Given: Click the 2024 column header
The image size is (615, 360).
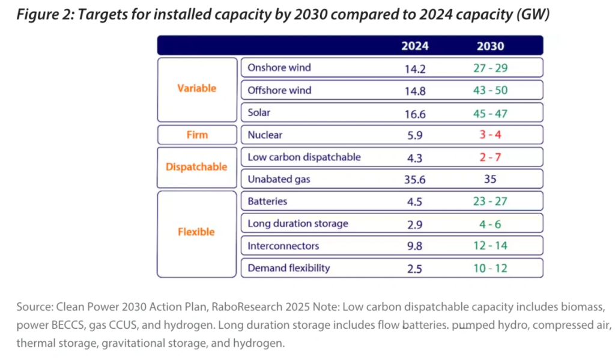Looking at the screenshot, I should (x=415, y=46).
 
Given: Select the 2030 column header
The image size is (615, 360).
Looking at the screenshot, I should (x=490, y=46).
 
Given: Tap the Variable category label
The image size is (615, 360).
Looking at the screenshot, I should (x=196, y=88).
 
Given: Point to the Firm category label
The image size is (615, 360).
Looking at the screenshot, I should (x=196, y=135).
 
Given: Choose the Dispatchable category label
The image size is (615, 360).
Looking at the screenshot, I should (x=196, y=167).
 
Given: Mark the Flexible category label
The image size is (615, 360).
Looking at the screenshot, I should (x=196, y=231).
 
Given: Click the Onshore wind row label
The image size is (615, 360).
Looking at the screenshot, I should (x=279, y=67).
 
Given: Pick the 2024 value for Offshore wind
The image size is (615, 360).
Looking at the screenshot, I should (x=415, y=91).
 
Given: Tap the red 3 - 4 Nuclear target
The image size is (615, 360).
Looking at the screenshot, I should (x=490, y=135).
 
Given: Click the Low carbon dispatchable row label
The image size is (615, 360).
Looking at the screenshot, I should (x=304, y=157).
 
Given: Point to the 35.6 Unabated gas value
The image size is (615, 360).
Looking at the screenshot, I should (x=415, y=179).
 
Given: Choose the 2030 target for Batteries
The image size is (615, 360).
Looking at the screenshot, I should (x=490, y=201).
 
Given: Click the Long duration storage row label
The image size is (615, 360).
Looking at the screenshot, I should (x=298, y=224).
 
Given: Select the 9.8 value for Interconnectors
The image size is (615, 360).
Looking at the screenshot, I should (x=415, y=246).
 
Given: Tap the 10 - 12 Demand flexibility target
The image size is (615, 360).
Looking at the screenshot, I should (x=490, y=268).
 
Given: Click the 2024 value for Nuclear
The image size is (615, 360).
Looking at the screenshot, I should (x=415, y=135).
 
